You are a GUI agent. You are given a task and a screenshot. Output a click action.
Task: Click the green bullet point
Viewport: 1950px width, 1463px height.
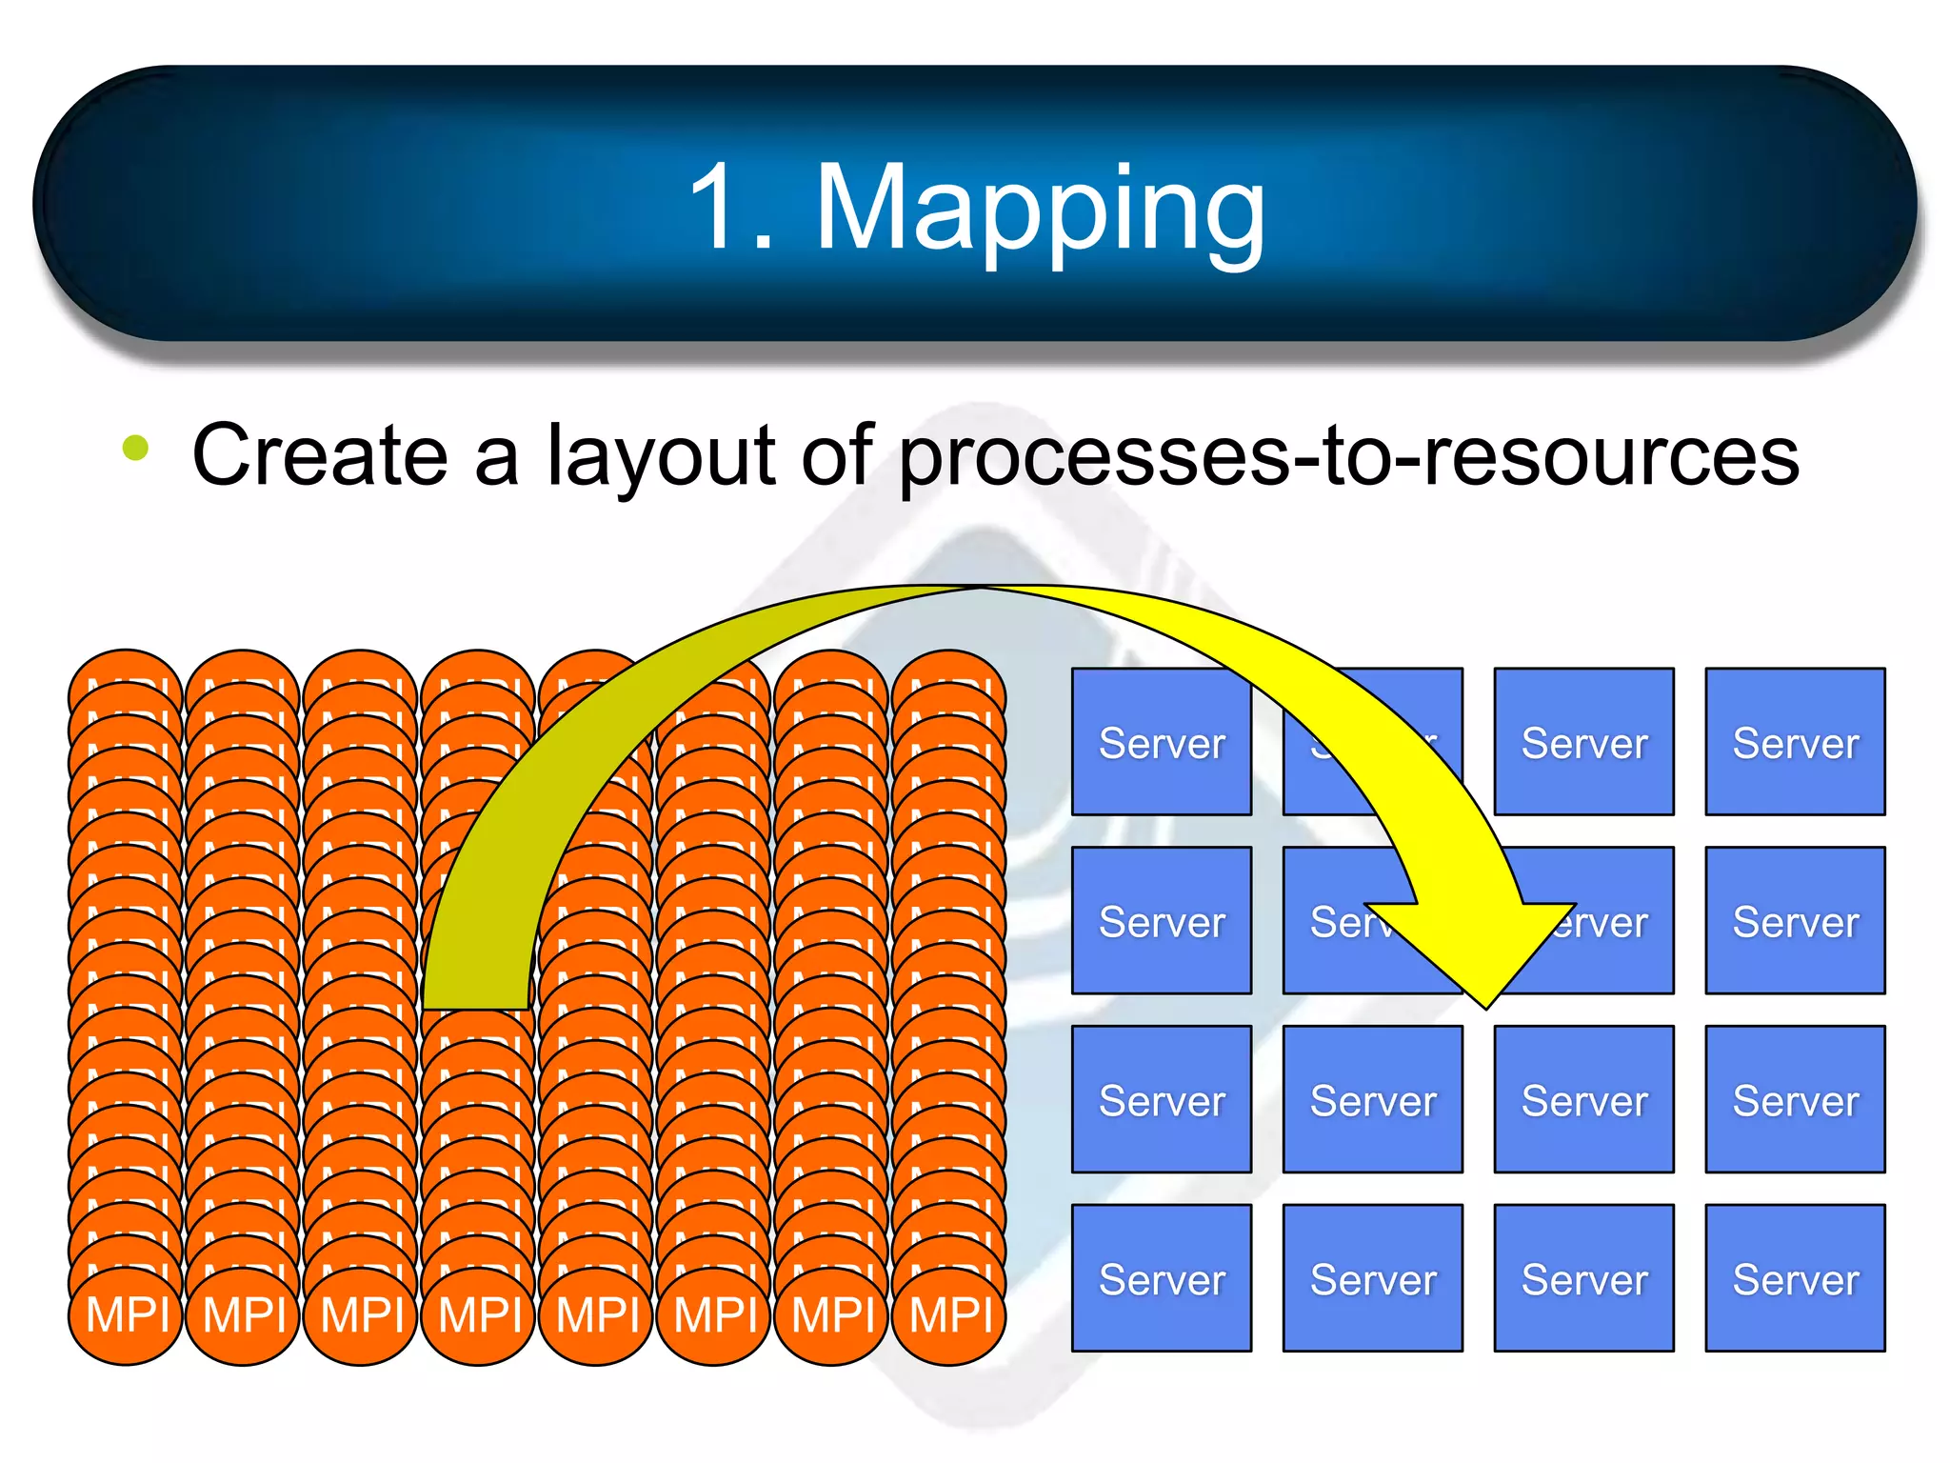136,448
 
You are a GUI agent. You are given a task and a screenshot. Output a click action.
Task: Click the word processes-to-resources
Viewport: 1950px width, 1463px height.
1348,455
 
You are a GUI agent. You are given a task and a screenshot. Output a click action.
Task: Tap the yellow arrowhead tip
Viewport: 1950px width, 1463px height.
1486,1005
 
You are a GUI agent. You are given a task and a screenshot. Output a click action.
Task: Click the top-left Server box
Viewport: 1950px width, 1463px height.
1162,741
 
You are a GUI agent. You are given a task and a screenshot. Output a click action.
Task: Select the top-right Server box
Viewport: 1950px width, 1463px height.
1795,741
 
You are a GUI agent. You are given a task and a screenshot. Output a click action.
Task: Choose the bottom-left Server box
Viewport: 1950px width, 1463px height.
1162,1277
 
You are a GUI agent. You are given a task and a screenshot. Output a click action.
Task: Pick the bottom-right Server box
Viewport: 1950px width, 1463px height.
1795,1277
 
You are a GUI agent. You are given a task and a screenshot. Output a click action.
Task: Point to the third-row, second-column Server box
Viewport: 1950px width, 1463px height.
1373,1099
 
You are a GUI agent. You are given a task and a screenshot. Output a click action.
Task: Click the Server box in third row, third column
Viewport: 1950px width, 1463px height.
1584,1099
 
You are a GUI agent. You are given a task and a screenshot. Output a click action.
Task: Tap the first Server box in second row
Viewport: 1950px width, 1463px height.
1162,920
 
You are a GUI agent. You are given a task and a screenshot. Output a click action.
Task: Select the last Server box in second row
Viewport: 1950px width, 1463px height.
1795,920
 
